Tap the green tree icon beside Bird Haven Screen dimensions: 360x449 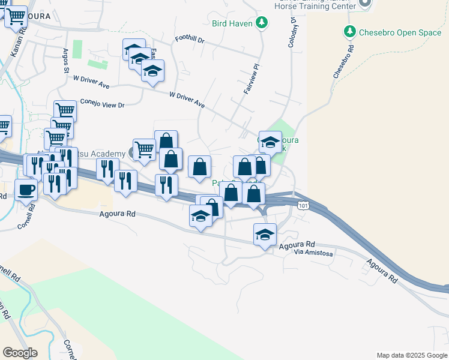(x=261, y=23)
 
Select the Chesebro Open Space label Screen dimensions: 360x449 (x=400, y=32)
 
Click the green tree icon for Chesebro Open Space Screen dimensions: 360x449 (x=349, y=31)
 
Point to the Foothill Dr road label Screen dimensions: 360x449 (x=190, y=41)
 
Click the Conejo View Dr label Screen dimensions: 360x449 (x=101, y=103)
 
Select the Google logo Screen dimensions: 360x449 (x=20, y=353)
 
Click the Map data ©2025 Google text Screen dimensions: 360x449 (x=412, y=355)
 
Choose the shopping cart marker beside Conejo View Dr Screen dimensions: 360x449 (x=65, y=110)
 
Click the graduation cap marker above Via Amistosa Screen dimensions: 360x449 (x=265, y=234)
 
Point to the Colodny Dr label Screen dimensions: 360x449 (x=292, y=32)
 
